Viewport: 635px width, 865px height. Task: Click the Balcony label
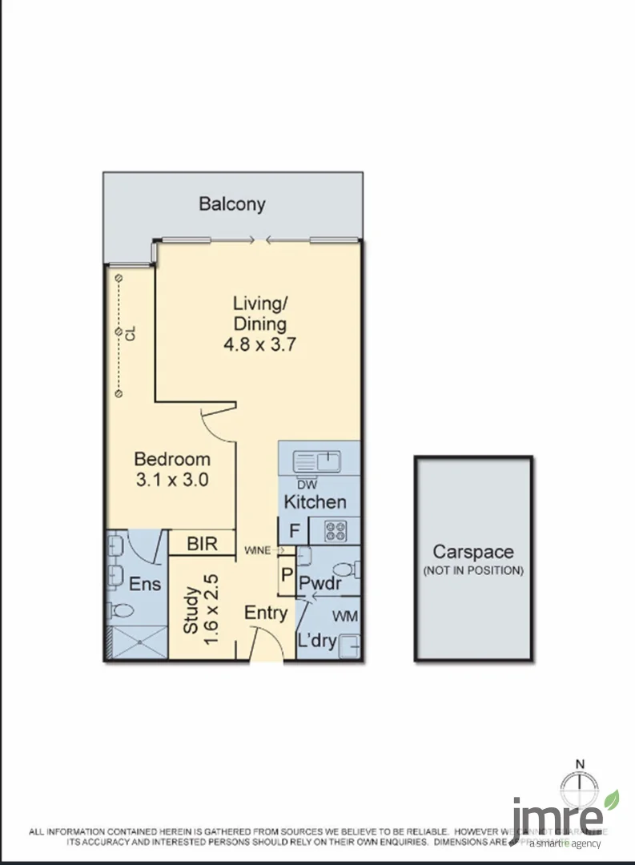point(231,203)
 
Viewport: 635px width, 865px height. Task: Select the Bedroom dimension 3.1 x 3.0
point(172,481)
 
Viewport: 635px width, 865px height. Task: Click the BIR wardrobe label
point(202,544)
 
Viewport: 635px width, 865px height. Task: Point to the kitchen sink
point(318,461)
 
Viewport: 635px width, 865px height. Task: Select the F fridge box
point(294,531)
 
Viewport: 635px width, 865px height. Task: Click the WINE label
point(257,550)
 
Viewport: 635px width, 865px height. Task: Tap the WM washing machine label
point(344,617)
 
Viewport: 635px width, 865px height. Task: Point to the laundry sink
point(350,644)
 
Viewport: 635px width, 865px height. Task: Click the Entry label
point(266,614)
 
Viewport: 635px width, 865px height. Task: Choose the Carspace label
point(472,552)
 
